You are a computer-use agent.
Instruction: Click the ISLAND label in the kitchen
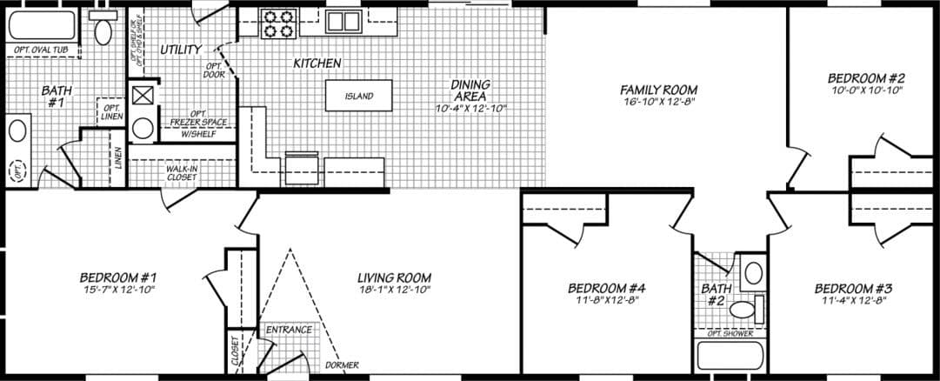pos(358,97)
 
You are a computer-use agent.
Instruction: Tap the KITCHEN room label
pos(317,63)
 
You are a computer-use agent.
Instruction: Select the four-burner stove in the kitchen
pos(277,23)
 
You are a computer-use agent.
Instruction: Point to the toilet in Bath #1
pos(103,30)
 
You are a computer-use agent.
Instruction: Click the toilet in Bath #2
pos(743,309)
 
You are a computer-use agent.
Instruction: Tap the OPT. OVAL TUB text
pos(42,51)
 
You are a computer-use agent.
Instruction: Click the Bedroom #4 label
pos(605,288)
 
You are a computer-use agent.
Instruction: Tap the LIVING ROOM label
pos(394,278)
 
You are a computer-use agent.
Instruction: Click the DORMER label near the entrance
pos(341,365)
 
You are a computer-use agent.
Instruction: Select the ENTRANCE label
pos(288,330)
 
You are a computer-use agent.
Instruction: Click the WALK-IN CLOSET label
pos(182,173)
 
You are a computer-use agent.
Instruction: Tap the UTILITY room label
pos(180,50)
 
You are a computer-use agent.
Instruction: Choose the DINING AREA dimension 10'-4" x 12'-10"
pos(470,109)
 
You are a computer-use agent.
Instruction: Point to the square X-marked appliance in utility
pos(141,94)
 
